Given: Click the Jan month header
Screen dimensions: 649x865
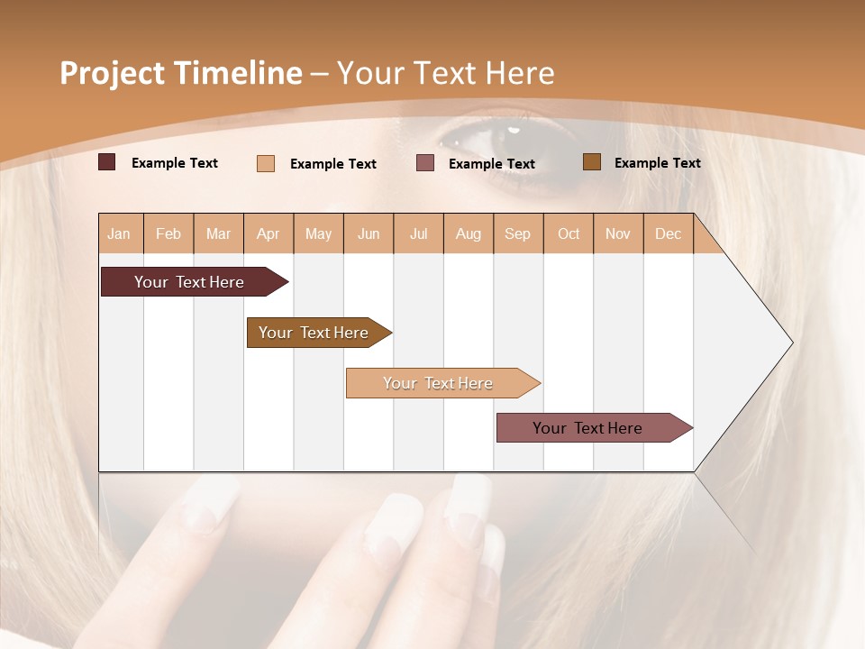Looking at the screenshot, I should click(119, 233).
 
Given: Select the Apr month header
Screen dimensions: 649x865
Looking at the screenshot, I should click(268, 233).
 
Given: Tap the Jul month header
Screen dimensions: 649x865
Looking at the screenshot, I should click(418, 233).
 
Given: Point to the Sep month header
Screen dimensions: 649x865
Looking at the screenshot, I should click(517, 233).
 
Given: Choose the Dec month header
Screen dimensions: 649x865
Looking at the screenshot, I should click(668, 233).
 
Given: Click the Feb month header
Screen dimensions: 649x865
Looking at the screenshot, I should click(168, 233).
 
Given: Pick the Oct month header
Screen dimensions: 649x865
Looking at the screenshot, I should click(569, 233).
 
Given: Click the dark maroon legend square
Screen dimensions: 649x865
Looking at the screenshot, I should click(107, 162).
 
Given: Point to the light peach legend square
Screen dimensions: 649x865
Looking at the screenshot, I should click(266, 163).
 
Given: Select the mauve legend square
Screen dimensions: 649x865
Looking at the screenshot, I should click(425, 163).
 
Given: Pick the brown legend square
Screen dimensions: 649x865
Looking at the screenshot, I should click(592, 162).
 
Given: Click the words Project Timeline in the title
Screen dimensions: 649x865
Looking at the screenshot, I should click(181, 73).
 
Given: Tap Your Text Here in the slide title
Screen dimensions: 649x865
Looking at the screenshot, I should click(446, 73).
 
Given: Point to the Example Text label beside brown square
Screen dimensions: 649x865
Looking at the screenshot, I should click(657, 163).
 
